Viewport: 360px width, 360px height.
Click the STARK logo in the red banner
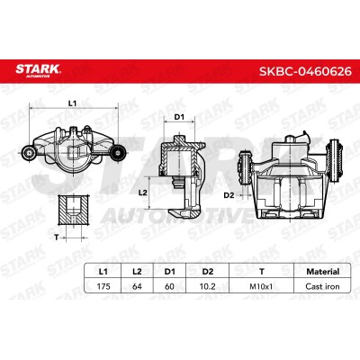[38, 71]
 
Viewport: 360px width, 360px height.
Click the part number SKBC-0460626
[305, 71]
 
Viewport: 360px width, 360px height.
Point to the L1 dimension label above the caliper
[72, 103]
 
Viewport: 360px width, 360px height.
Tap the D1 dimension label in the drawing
[179, 117]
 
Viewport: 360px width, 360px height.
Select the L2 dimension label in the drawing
[143, 193]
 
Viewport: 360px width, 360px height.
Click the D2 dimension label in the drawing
[229, 195]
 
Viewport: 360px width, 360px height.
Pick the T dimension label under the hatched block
[57, 238]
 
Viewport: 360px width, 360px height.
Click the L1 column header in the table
[103, 272]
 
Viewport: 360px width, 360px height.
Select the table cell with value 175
[103, 286]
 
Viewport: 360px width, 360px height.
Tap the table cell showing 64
[137, 286]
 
